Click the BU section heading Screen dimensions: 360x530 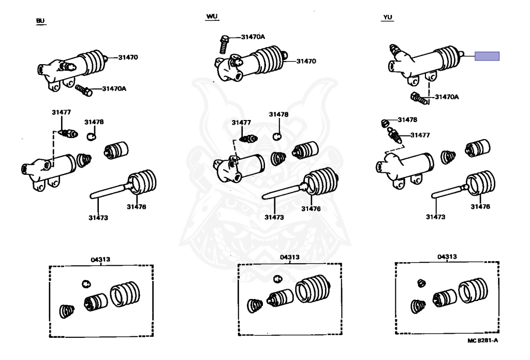coord(40,21)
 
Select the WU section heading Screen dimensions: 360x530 coord(211,17)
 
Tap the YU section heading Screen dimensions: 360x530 coord(388,18)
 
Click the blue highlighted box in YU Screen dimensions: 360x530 coord(487,56)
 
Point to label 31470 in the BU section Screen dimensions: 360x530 coord(128,57)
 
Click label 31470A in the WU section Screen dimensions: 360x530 coord(253,37)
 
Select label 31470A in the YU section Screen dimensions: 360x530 coord(447,96)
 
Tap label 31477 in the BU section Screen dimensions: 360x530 coord(61,112)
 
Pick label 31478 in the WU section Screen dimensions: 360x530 coord(278,114)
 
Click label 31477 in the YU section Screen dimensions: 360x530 coord(421,135)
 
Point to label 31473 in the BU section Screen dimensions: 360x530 coord(98,218)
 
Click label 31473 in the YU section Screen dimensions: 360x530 coord(436,217)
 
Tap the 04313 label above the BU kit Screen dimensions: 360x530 coord(101,259)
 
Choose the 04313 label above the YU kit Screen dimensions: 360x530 coord(447,257)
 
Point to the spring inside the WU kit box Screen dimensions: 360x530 coord(255,306)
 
